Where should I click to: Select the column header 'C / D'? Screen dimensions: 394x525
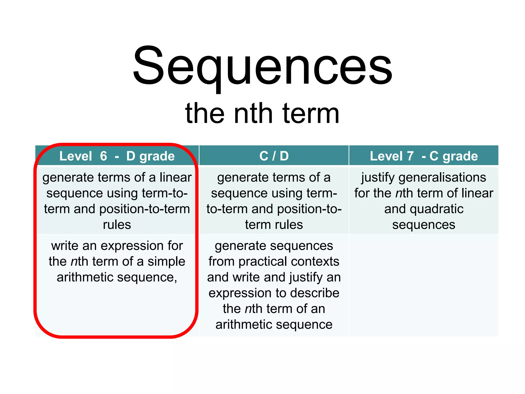click(x=274, y=156)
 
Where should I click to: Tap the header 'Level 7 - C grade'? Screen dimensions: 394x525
click(x=423, y=156)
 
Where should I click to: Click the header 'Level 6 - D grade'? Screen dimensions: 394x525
click(x=117, y=156)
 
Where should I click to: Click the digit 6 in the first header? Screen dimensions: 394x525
click(x=103, y=156)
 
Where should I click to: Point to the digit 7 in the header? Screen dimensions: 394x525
click(x=410, y=156)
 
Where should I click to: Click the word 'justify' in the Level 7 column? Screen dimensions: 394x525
click(x=378, y=178)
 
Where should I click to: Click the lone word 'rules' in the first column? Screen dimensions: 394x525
click(x=117, y=225)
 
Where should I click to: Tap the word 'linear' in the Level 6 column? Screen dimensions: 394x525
click(x=176, y=177)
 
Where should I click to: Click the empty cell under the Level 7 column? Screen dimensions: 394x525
click(x=423, y=285)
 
